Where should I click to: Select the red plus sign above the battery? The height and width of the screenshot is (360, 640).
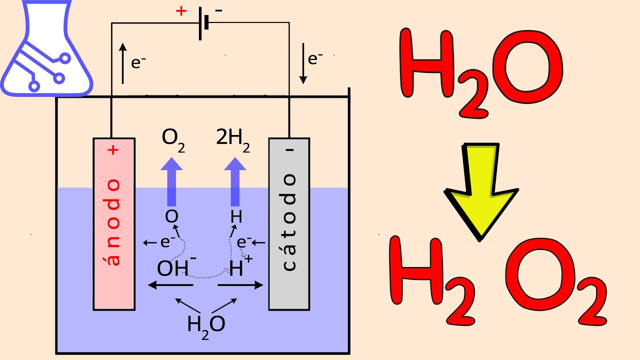[x=181, y=11]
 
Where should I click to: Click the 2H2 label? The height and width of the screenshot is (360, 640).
[x=233, y=139]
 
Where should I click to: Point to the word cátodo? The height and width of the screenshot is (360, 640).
[x=289, y=223]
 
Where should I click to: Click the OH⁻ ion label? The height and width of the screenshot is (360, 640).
[x=175, y=267]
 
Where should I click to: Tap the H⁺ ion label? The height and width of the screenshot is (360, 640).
[x=236, y=267]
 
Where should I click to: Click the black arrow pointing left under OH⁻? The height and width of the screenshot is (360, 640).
[x=170, y=285]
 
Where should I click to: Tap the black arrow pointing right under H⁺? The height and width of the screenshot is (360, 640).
[x=240, y=285]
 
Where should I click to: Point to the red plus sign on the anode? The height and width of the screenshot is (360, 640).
[x=115, y=149]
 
